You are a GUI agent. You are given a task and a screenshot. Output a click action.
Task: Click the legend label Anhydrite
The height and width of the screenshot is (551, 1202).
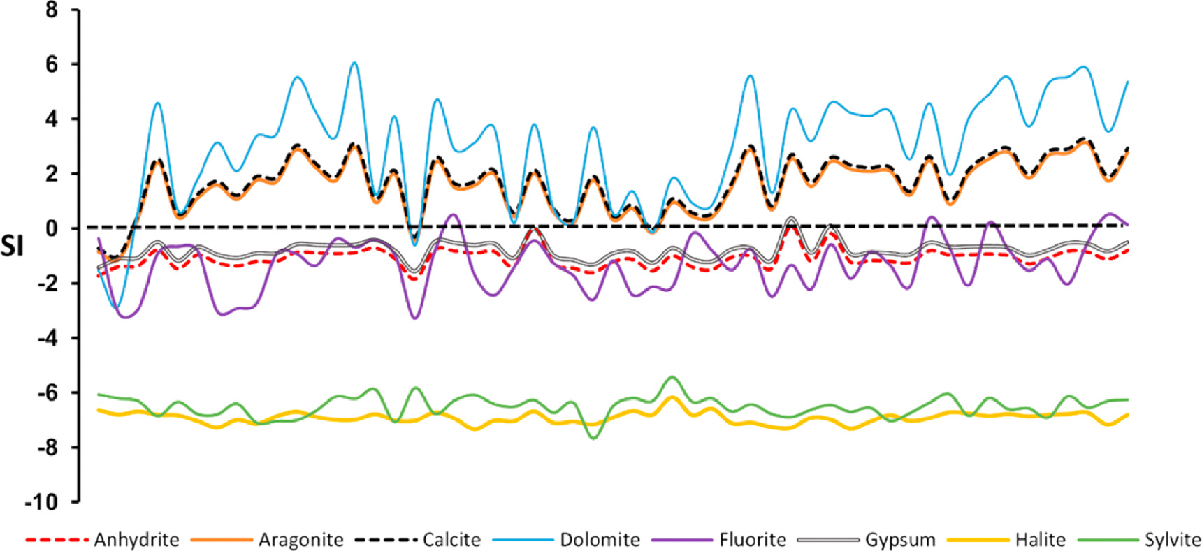point(136,540)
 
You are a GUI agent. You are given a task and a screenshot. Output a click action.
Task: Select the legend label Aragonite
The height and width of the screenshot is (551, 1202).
point(300,540)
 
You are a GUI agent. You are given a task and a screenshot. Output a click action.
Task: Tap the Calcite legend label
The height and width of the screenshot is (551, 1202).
point(451,540)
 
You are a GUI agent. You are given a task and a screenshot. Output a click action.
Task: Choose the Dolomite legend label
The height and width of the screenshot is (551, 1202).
point(600,540)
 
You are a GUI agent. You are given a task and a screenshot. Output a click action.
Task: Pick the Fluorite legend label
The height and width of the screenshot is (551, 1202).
point(752,540)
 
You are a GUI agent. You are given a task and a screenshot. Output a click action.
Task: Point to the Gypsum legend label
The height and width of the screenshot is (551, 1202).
point(900,540)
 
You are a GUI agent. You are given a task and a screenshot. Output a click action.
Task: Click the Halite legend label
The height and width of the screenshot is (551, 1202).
point(1040,540)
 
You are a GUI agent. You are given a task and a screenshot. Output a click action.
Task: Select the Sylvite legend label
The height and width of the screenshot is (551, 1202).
point(1172,540)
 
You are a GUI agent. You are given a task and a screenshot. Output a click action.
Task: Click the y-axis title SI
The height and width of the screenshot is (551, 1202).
point(12,246)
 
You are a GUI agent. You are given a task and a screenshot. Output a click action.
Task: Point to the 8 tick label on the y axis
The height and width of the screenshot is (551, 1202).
point(53,10)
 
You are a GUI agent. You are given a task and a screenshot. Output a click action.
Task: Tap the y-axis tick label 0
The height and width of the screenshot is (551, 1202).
point(53,228)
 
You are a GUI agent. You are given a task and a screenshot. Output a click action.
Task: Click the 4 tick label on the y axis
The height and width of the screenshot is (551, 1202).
point(53,119)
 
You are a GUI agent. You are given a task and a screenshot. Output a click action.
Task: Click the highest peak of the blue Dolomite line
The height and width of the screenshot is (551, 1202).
point(354,63)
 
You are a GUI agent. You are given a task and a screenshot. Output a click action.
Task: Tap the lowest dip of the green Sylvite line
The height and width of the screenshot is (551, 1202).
point(594,438)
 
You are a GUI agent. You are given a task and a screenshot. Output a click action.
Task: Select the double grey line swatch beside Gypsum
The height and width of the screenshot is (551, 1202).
point(829,540)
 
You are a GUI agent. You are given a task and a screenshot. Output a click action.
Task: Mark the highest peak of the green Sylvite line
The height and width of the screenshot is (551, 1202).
point(672,377)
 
